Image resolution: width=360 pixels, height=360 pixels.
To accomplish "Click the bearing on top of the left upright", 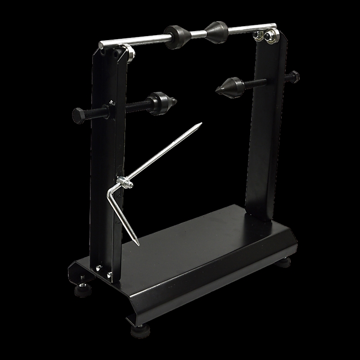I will point(129,53).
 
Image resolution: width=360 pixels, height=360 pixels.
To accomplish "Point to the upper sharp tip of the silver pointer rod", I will point(201,123).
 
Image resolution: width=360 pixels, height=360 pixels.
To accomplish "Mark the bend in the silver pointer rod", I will point(110,192).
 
